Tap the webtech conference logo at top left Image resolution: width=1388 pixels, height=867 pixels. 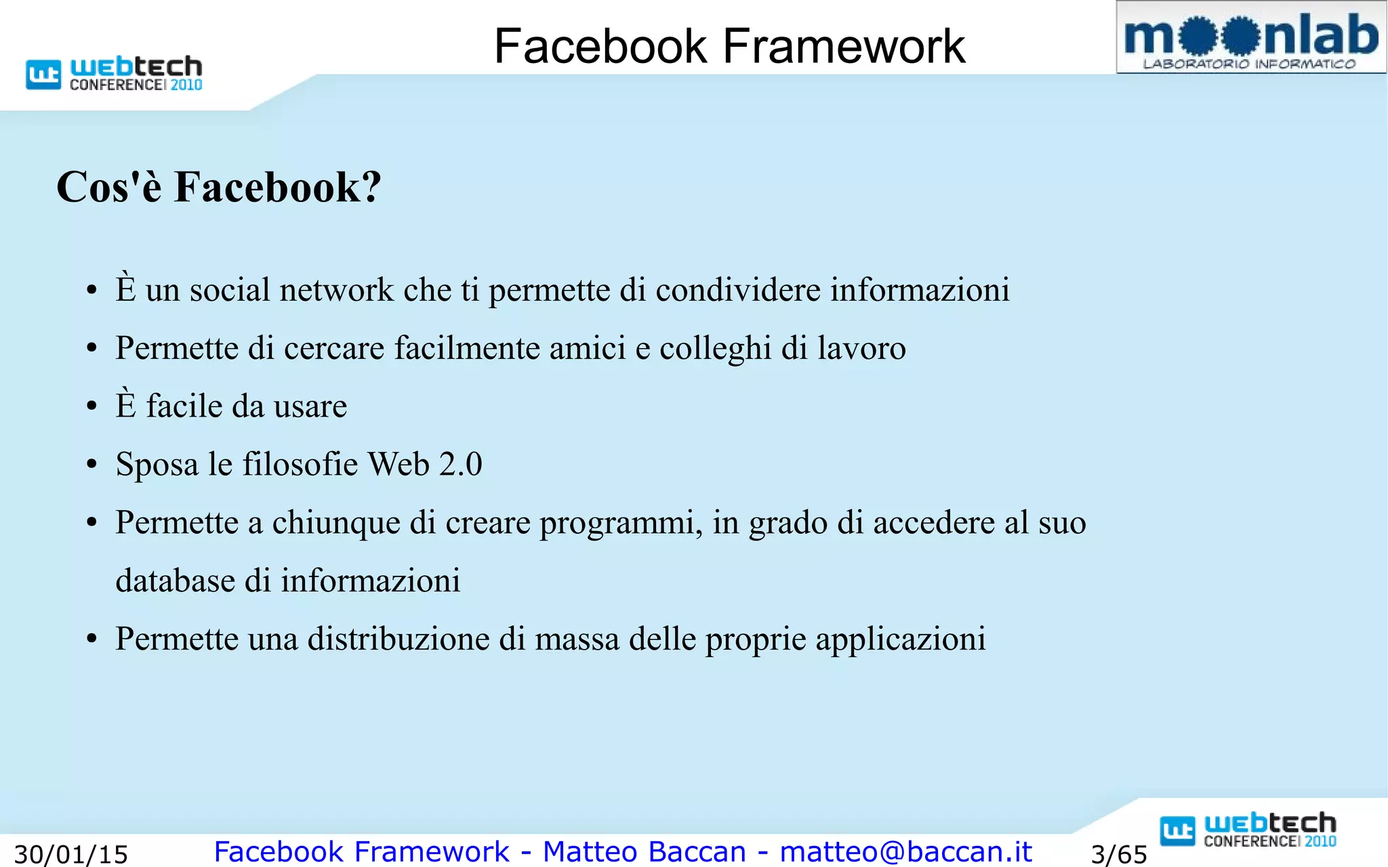pos(115,74)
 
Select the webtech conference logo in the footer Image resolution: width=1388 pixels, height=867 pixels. pos(1248,830)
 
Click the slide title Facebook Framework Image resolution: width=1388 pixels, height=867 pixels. pos(729,46)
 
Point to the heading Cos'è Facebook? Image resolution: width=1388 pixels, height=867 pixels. pos(219,187)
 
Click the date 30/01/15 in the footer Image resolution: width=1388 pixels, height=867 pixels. pos(71,854)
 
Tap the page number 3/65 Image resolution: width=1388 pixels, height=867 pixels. pos(1119,854)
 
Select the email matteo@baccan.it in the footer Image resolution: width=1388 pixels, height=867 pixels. pos(905,851)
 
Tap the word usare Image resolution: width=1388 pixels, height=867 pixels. pos(310,406)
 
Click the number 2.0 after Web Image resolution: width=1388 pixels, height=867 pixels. pos(461,465)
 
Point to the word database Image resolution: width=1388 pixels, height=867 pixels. pos(175,580)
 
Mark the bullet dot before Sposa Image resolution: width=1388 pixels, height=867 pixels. pos(92,465)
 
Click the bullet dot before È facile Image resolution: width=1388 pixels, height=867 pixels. pos(92,407)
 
